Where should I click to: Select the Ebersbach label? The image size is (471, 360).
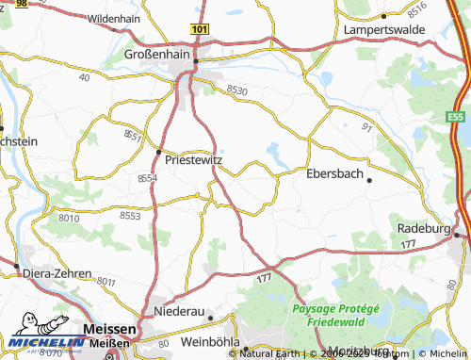point(334,173)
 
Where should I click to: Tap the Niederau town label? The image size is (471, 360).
point(178,311)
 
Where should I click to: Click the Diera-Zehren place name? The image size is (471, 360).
point(58,273)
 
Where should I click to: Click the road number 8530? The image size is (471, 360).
point(236,90)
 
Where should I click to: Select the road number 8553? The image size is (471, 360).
point(130,216)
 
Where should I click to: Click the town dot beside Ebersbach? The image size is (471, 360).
point(369,179)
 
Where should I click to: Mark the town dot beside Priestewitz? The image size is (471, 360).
point(158,151)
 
